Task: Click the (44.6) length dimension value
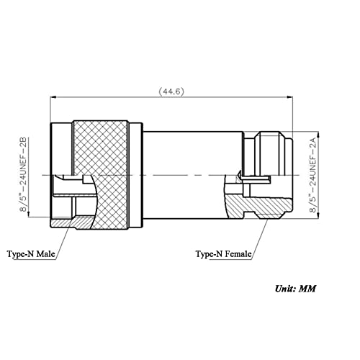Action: (x=171, y=91)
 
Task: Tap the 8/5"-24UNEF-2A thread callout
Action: (x=312, y=174)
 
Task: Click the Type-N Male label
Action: (x=31, y=254)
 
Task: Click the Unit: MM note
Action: (x=294, y=288)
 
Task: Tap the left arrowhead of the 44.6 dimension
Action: (x=53, y=97)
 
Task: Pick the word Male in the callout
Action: (x=44, y=254)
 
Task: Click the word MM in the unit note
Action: (x=308, y=288)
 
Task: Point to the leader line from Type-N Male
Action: (x=63, y=242)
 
